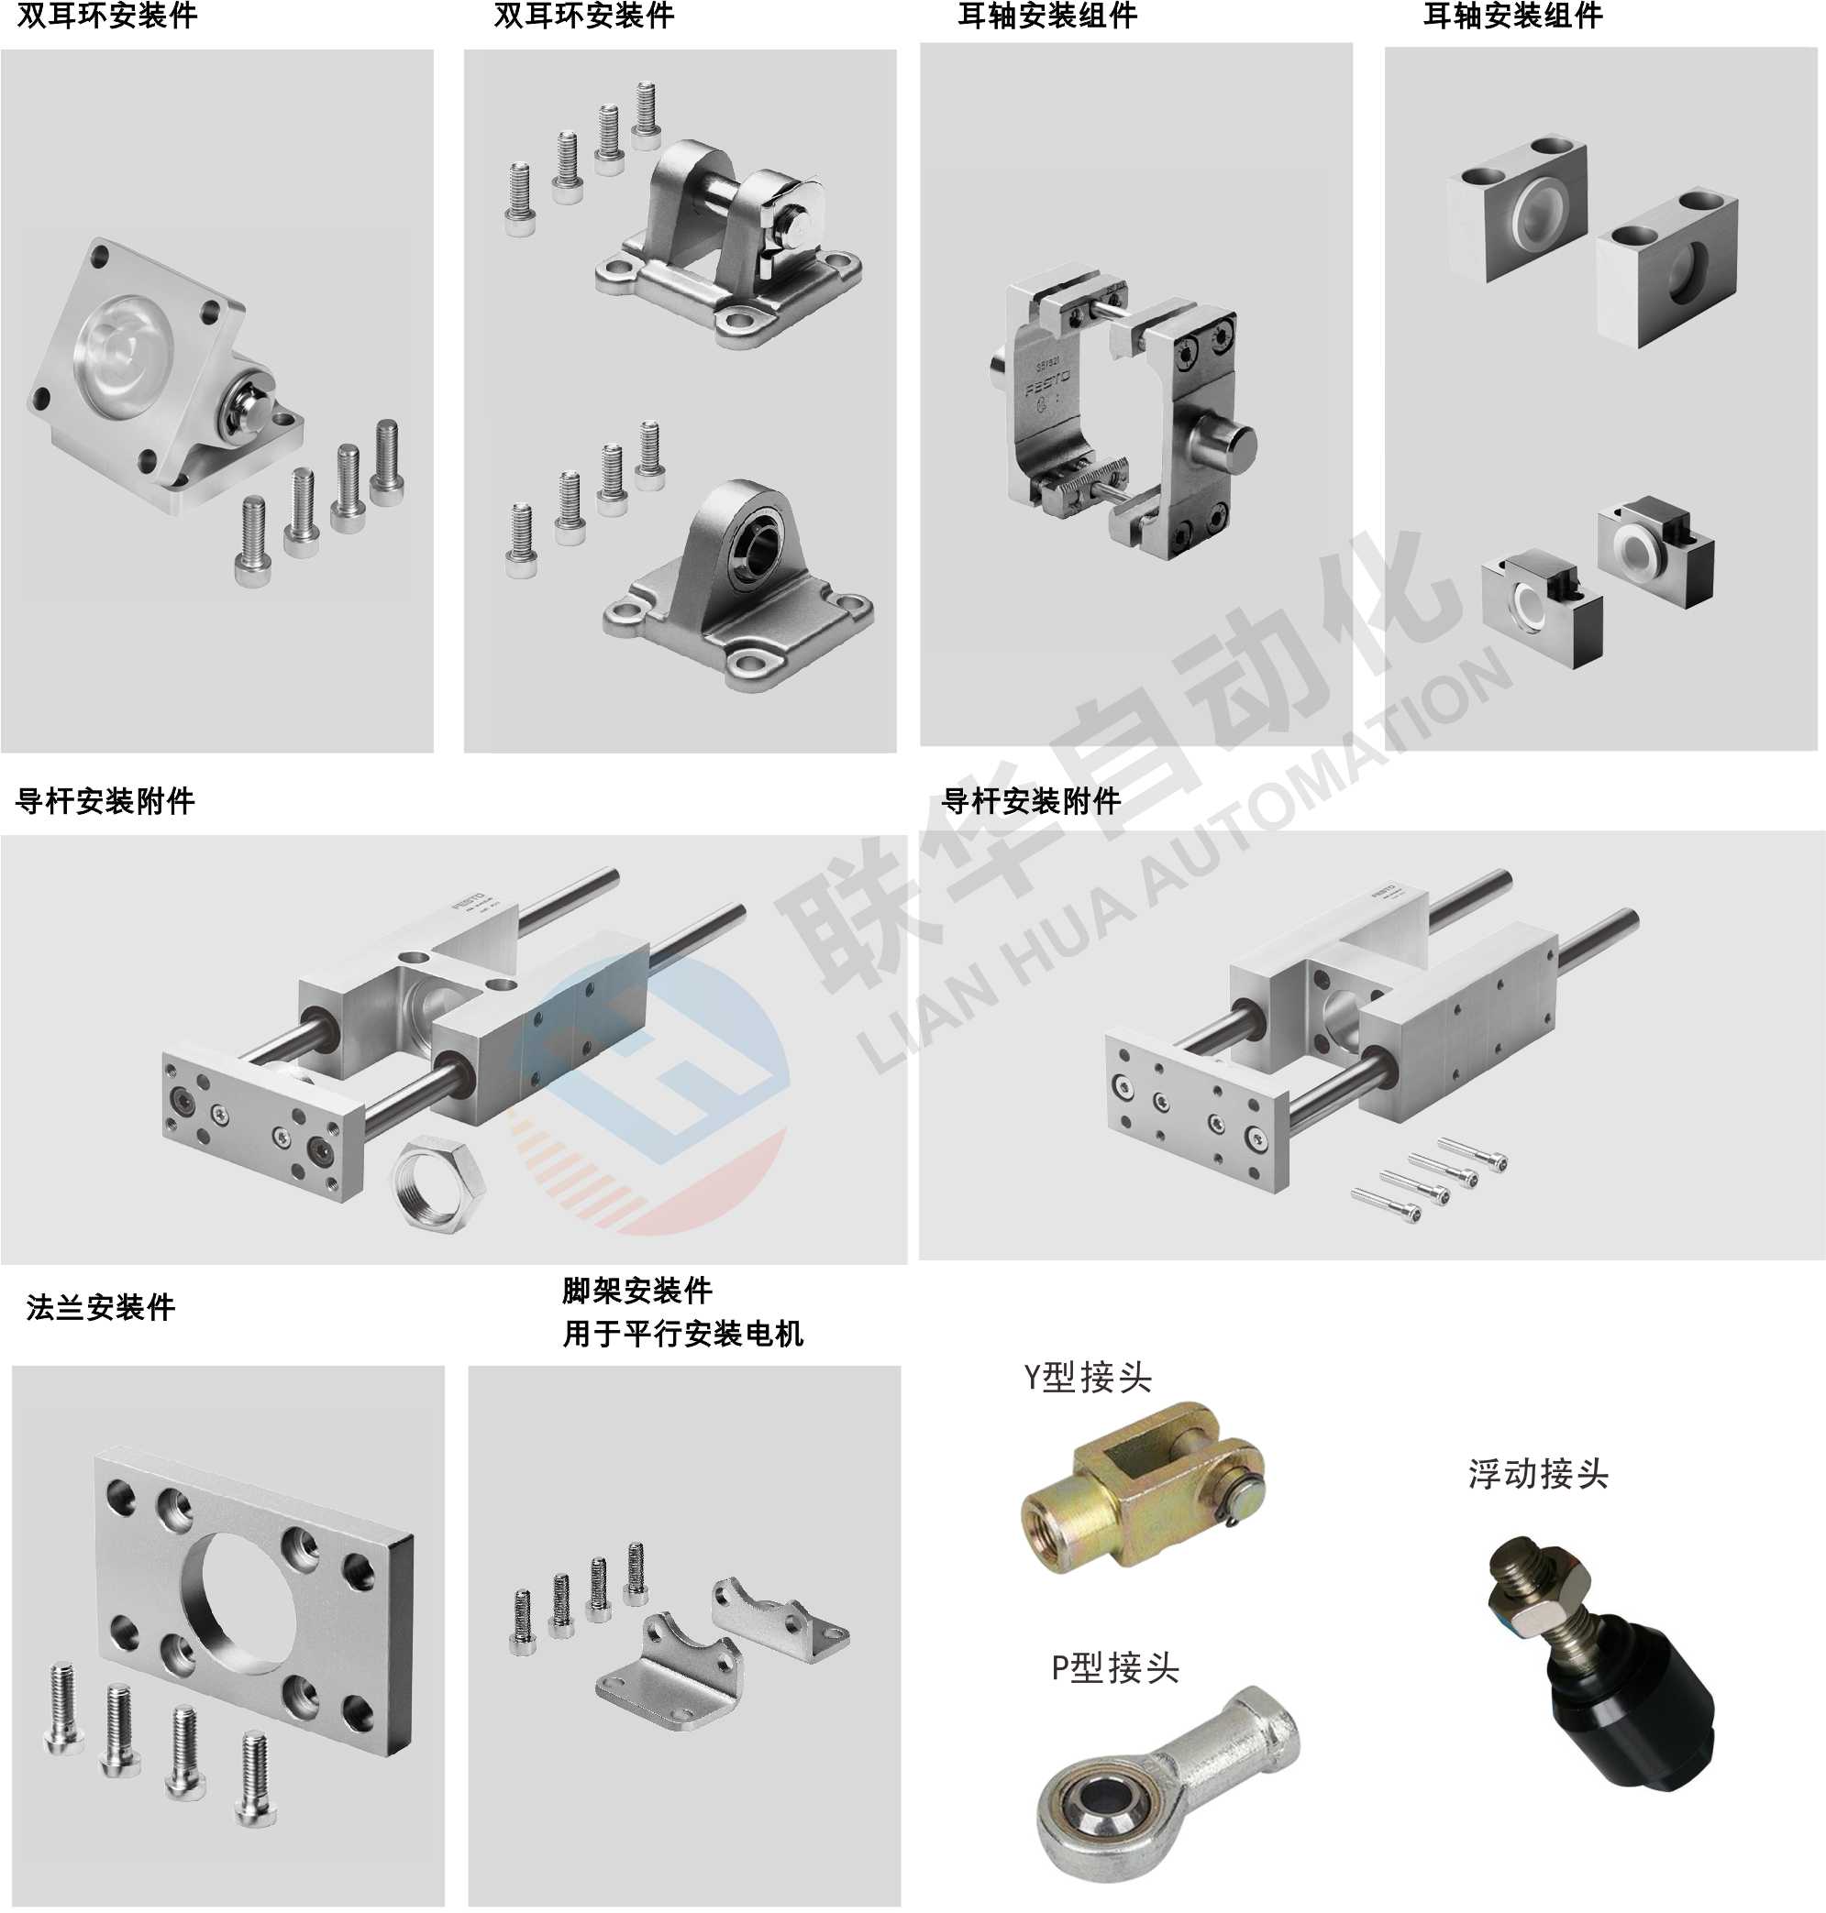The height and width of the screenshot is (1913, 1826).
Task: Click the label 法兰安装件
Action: [x=100, y=1308]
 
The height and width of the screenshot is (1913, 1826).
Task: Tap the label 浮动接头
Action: [x=1538, y=1474]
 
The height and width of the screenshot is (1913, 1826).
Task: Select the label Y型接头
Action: [x=1087, y=1378]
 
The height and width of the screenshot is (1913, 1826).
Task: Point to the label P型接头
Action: [x=1114, y=1669]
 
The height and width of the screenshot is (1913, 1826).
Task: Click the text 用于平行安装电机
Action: [x=682, y=1333]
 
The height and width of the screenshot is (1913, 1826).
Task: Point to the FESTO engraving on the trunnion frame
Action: [x=1047, y=382]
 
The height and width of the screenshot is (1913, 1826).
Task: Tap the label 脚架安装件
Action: [x=636, y=1292]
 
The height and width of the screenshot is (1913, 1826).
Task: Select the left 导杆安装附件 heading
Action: [x=105, y=802]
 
